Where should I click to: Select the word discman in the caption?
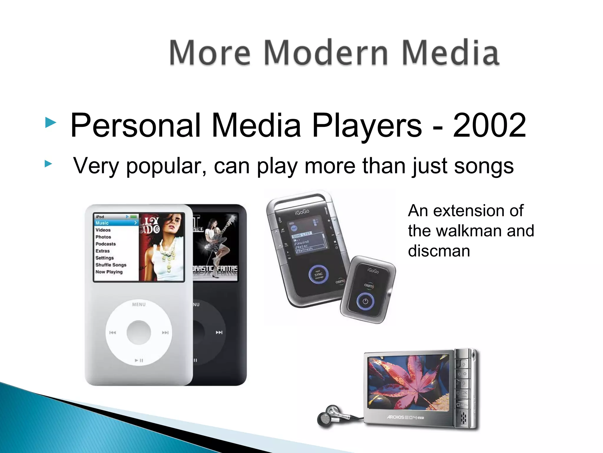coord(439,251)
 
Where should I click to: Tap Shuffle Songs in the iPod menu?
coord(111,265)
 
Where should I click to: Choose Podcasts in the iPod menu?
coord(105,244)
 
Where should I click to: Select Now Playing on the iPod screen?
coord(109,272)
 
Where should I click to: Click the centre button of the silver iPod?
coord(139,332)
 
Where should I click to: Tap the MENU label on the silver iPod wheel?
coord(139,304)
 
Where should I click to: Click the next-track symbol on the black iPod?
coord(219,332)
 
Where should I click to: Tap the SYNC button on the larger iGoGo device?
coord(319,275)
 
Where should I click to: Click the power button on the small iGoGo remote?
coord(365,301)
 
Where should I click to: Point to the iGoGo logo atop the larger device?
coord(302,211)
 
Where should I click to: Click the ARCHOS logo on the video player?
coord(395,417)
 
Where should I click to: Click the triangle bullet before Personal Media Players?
coord(51,122)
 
